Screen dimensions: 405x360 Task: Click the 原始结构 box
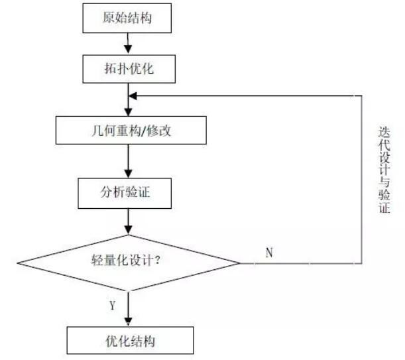coord(127,18)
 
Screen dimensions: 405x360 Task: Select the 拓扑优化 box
coord(129,69)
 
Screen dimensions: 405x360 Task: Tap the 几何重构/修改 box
coord(131,130)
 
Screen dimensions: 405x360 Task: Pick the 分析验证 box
coord(125,194)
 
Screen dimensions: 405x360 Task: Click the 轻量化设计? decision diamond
coord(129,263)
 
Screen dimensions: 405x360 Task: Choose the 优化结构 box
coord(131,340)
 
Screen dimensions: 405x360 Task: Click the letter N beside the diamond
coord(269,253)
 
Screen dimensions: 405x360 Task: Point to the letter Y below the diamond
coord(113,306)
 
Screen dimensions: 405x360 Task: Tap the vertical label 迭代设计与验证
coord(384,170)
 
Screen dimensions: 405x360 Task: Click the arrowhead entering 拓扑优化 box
coord(128,50)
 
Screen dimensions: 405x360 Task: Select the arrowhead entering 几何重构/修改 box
coord(129,111)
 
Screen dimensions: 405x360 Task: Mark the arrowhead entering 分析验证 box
coord(129,174)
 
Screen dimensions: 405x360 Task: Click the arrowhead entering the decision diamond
coord(129,230)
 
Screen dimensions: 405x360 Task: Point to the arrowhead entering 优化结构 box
coord(129,322)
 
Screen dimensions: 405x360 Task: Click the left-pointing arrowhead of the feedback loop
coord(133,96)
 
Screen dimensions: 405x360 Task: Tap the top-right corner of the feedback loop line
coord(361,96)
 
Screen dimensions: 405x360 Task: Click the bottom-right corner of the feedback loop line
coord(361,263)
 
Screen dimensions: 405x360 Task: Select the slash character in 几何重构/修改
coord(144,131)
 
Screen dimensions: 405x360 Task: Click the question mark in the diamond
coord(158,260)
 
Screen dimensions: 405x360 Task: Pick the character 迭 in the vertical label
coord(384,132)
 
